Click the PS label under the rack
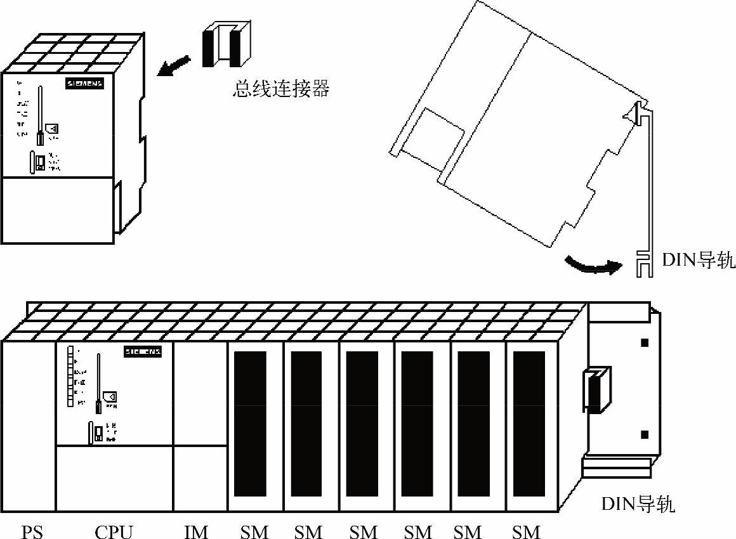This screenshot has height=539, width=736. [32, 531]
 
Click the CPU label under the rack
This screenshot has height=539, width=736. [114, 531]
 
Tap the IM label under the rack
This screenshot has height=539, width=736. [196, 531]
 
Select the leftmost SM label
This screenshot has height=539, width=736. [254, 531]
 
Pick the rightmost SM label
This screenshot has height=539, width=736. [526, 531]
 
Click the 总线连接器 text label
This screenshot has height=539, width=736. [281, 89]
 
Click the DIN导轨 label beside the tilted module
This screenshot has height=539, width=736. [699, 260]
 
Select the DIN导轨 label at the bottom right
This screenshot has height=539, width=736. [638, 505]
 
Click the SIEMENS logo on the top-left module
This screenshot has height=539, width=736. [84, 84]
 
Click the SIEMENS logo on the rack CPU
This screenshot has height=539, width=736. [142, 351]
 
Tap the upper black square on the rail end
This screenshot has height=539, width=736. [645, 343]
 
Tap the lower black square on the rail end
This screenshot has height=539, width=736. [645, 434]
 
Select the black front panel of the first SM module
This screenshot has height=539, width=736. [250, 424]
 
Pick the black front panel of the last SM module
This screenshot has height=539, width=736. [529, 424]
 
